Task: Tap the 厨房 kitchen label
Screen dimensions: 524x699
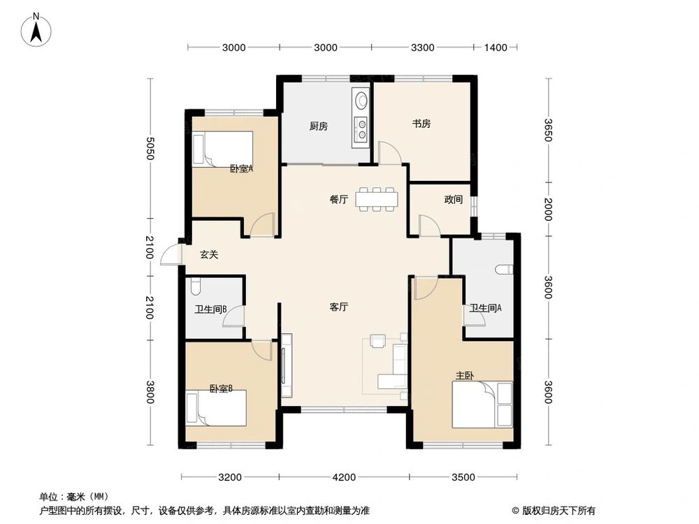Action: point(319,126)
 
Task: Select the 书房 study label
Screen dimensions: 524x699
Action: point(421,124)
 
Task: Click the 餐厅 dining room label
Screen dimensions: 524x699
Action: point(339,199)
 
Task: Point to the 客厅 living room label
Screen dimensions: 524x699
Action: point(340,307)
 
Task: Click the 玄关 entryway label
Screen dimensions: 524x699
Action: point(209,255)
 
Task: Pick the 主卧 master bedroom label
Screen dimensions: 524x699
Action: point(465,376)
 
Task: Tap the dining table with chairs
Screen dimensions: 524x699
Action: point(377,198)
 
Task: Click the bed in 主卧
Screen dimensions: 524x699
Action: point(482,404)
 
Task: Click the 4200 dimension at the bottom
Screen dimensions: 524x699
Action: point(344,478)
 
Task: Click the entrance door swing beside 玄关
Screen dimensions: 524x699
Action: point(170,256)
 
